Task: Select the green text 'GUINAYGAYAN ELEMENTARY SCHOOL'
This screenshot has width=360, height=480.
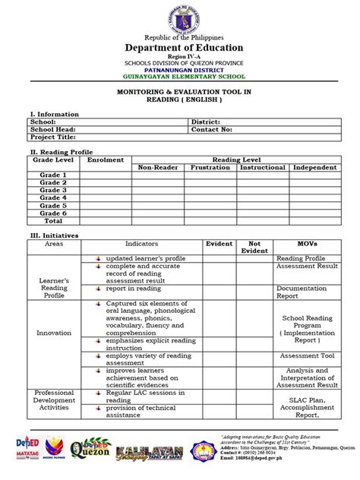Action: tap(179, 77)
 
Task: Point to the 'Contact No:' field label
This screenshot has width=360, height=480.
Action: tap(216, 129)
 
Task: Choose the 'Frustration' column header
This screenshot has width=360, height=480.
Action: tap(210, 167)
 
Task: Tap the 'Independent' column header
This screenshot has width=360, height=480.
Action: tap(314, 167)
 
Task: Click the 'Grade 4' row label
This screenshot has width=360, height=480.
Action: tap(53, 197)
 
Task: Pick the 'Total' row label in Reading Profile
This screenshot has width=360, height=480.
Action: tap(53, 221)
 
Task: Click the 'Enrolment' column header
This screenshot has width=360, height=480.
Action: tap(105, 160)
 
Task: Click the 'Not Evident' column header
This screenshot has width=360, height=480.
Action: tap(254, 248)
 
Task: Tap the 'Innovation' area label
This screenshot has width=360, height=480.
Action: tap(54, 333)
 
